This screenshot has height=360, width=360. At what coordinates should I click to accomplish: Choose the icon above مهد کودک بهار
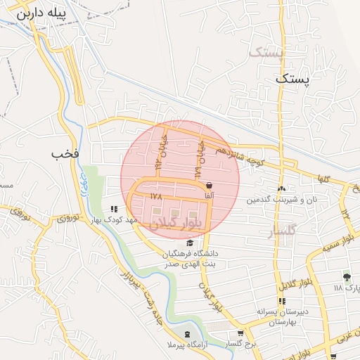[114, 209]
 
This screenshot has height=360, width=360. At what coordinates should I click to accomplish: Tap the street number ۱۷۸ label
[156, 197]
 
